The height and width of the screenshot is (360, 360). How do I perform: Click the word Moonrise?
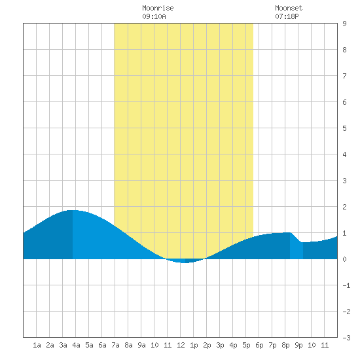[x=158, y=8]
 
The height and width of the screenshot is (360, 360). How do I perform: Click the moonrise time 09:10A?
[x=154, y=16]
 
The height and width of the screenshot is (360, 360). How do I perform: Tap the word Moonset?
[x=289, y=8]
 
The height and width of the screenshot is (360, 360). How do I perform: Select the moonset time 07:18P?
[x=287, y=16]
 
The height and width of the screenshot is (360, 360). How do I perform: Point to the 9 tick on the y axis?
[x=344, y=24]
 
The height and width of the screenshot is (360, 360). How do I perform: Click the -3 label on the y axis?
[x=346, y=338]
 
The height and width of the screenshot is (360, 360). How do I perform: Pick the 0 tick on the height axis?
[x=344, y=259]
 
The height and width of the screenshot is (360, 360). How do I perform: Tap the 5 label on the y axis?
[x=344, y=128]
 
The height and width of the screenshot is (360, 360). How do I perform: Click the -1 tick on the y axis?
[x=346, y=285]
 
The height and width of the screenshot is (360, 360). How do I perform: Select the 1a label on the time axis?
[x=37, y=345]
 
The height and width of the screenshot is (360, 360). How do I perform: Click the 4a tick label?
[x=76, y=345]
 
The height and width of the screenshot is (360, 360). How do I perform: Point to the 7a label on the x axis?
[x=115, y=345]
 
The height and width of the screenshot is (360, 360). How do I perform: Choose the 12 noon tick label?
[x=181, y=345]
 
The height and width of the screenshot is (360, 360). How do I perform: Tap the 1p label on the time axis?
[x=194, y=345]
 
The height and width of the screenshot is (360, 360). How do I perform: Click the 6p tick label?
[x=259, y=345]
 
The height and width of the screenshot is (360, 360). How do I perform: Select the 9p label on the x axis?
[x=298, y=345]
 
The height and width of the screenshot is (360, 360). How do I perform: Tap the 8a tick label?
[x=128, y=345]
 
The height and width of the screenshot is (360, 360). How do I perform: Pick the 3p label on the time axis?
[x=220, y=345]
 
